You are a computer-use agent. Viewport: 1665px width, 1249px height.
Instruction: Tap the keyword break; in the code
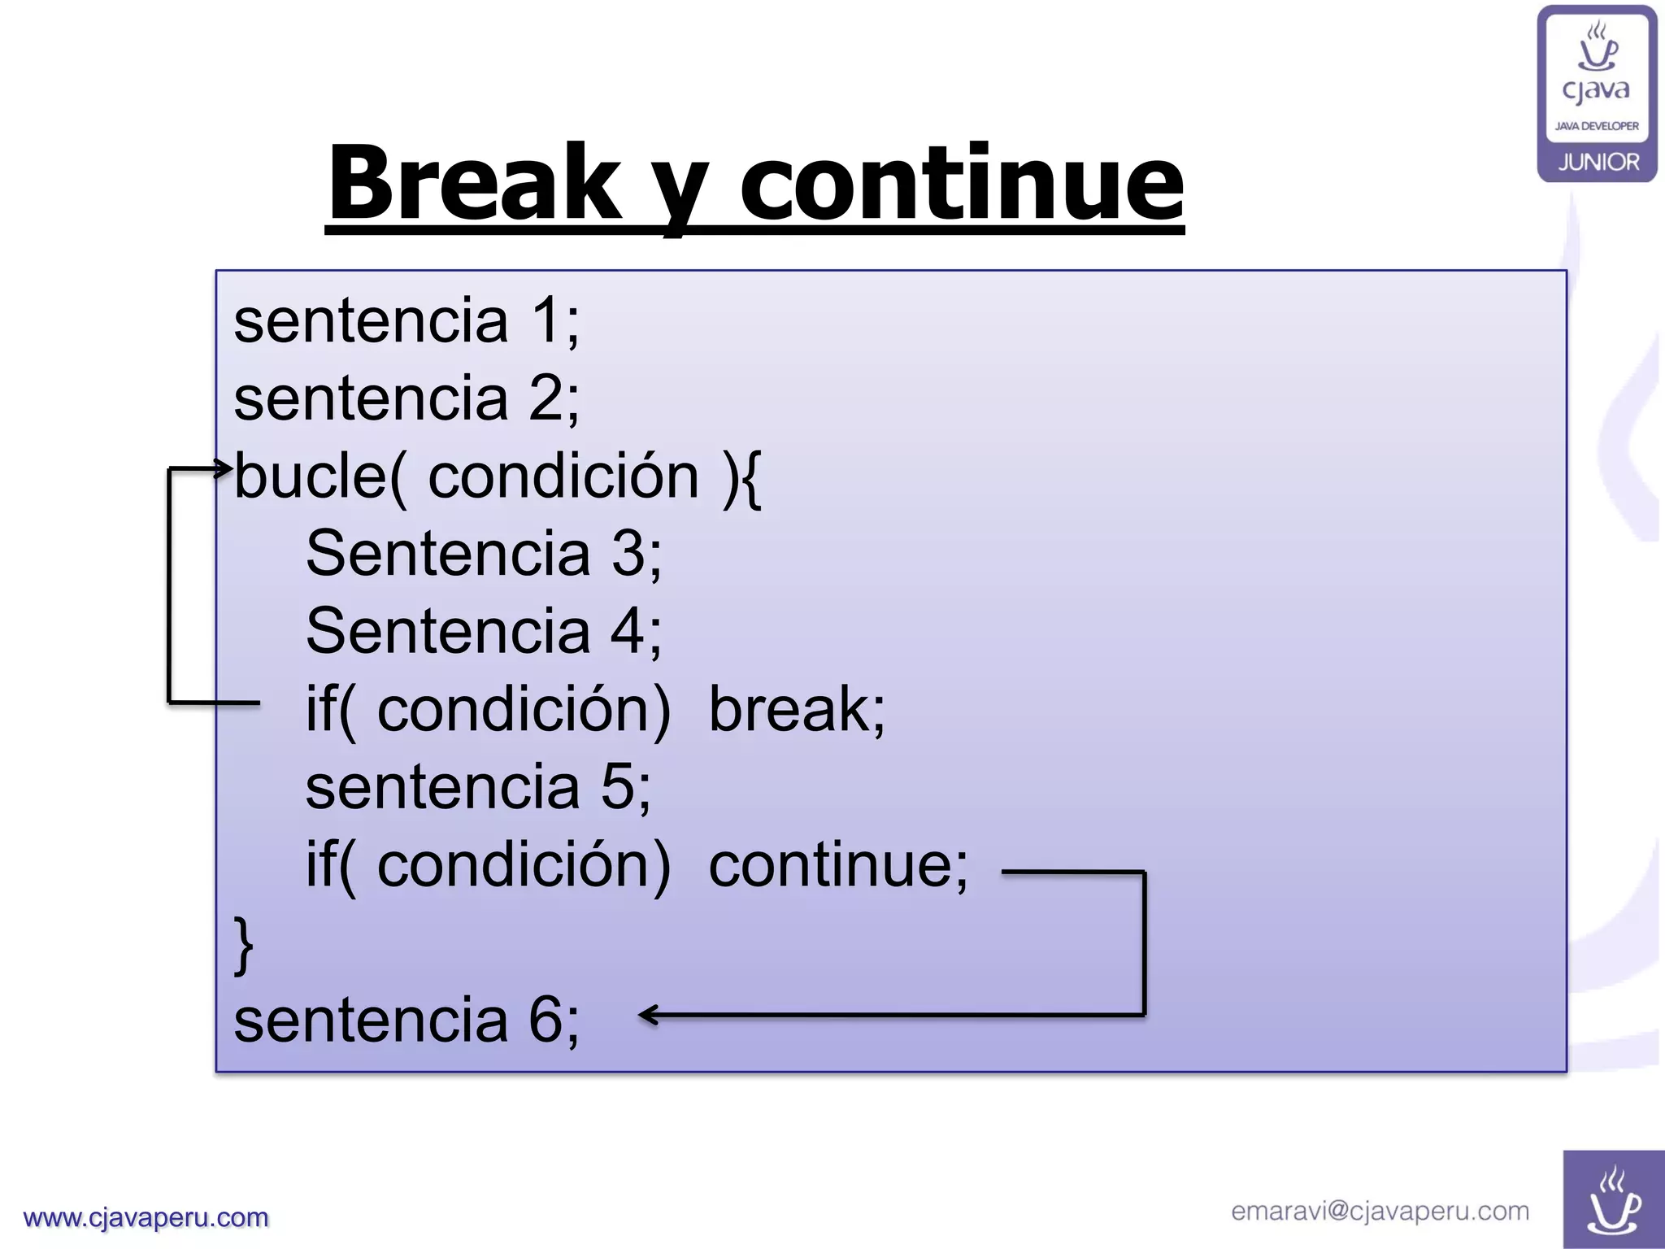coord(797,710)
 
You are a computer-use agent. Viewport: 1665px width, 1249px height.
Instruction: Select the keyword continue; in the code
coord(838,865)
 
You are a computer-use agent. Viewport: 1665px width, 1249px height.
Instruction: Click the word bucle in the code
coord(310,477)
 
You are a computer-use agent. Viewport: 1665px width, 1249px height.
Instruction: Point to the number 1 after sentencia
coord(546,321)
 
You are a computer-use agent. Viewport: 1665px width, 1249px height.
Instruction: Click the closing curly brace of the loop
coord(243,945)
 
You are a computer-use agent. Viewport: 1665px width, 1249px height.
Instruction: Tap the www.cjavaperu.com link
coord(146,1218)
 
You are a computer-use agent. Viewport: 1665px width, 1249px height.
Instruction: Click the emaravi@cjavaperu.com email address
coord(1380,1212)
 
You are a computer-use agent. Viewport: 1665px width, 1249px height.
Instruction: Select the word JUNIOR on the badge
coord(1598,163)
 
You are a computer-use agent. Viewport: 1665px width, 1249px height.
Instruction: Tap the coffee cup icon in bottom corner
coord(1613,1202)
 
